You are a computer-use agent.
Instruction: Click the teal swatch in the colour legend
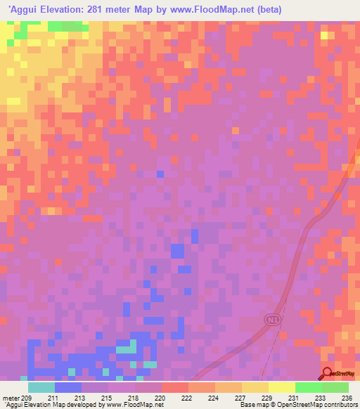[x=41, y=387]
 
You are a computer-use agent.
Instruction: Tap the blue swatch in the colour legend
[x=68, y=387]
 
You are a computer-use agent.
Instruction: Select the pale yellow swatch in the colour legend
[x=281, y=387]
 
